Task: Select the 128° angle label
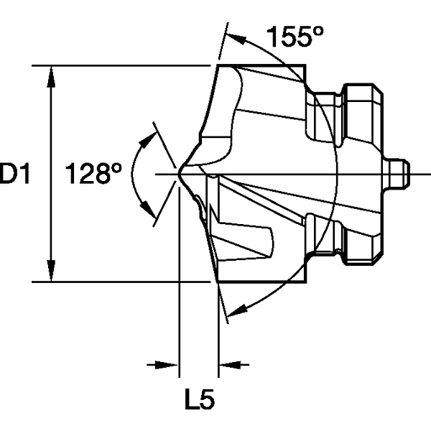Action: pyautogui.click(x=93, y=174)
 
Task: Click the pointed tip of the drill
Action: pyautogui.click(x=179, y=173)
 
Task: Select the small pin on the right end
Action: pyautogui.click(x=399, y=173)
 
